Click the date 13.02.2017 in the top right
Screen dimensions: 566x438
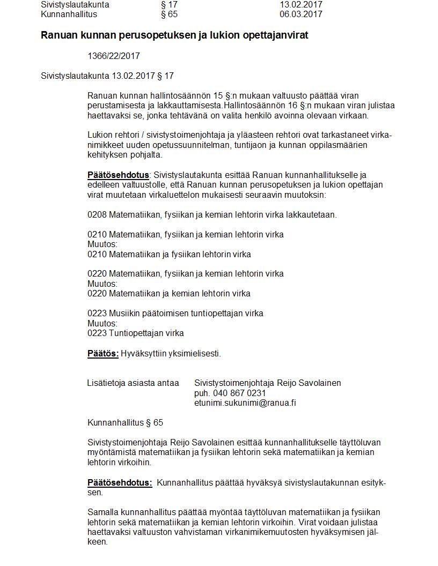point(301,4)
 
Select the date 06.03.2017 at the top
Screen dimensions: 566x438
point(301,14)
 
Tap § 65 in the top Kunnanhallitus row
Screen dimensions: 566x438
point(169,14)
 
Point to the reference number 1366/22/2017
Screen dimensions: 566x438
point(114,56)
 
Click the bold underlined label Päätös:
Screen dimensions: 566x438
point(103,353)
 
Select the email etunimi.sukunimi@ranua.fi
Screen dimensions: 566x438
point(245,403)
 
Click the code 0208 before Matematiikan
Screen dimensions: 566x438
point(97,214)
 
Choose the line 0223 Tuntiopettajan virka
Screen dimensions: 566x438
point(135,333)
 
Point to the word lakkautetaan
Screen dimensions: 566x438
point(311,214)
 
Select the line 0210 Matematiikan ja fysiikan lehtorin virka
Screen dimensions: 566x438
point(169,254)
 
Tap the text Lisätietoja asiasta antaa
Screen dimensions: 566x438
point(133,383)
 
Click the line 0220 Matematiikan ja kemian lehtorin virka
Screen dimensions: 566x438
point(169,293)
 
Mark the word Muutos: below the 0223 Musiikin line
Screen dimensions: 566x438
point(102,323)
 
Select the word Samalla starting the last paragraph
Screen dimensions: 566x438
point(103,512)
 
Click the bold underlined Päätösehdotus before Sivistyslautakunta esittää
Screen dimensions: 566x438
point(118,175)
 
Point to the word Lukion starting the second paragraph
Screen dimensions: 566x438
point(100,135)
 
